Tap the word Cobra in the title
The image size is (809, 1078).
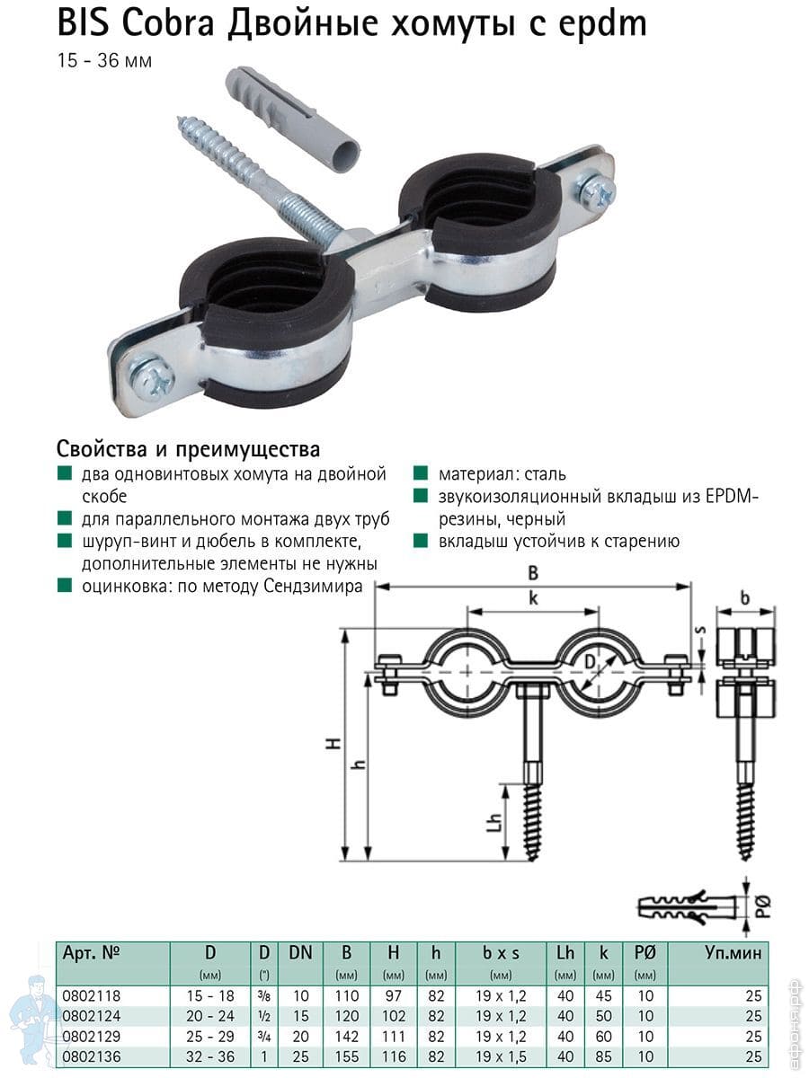coord(168,22)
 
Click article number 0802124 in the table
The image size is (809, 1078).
coord(92,1016)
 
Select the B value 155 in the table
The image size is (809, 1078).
coord(347,1056)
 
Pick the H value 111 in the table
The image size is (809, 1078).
coord(394,1036)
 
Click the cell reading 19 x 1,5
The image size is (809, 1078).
coord(501,1056)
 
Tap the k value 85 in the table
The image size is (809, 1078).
coord(603,1056)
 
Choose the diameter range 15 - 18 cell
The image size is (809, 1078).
coord(210,995)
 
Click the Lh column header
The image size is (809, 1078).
coord(565,953)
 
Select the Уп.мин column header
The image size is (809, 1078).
coord(733,953)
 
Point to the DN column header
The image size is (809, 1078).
coord(300,953)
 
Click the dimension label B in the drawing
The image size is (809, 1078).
coord(533,572)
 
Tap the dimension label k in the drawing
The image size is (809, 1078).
coord(533,597)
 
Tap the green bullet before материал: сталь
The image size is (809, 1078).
coord(421,473)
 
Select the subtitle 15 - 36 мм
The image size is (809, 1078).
coord(104,61)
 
